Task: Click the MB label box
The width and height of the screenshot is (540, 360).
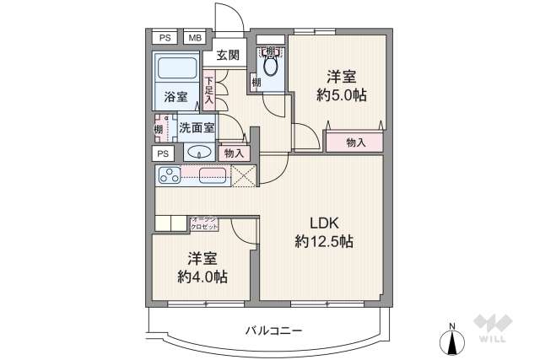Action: (x=195, y=37)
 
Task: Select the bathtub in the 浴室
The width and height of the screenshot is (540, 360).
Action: (x=176, y=69)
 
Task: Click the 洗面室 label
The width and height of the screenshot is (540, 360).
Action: (x=196, y=128)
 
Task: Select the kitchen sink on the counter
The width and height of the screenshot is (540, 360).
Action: (x=213, y=175)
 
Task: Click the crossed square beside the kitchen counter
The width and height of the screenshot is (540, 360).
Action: (x=244, y=175)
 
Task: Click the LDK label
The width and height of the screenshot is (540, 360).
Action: (x=323, y=223)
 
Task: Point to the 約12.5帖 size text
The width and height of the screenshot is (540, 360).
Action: (x=323, y=242)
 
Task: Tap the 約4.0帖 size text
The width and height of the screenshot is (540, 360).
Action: (x=200, y=276)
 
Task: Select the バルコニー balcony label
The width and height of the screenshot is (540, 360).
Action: (x=268, y=330)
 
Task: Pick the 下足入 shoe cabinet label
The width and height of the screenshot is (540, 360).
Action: (x=208, y=89)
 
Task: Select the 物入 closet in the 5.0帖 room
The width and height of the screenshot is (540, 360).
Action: (x=355, y=142)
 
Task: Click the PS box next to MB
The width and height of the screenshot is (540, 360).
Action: (x=165, y=37)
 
